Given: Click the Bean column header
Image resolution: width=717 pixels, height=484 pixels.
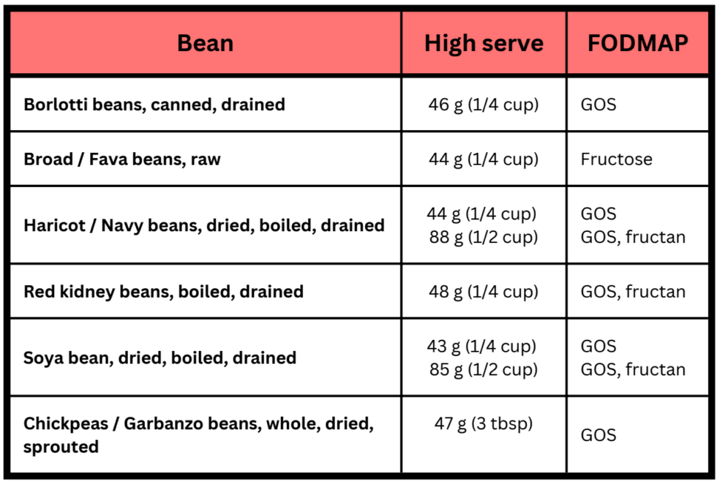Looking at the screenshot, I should (205, 43).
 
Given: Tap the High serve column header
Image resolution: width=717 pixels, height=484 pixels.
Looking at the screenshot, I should (484, 43).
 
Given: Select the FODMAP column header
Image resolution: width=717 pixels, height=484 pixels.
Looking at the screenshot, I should (638, 43).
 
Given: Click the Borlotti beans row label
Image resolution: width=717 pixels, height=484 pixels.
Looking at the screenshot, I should (154, 105).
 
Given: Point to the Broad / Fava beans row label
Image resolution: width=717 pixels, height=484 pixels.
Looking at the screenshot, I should (122, 159).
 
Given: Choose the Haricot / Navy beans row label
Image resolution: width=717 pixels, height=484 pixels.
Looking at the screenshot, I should (204, 225).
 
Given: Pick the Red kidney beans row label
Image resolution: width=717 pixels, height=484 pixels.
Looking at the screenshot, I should (163, 292).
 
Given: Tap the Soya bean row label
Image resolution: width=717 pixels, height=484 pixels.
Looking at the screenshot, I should (159, 358).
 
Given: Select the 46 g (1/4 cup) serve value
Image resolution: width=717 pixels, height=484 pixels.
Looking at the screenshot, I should (484, 105).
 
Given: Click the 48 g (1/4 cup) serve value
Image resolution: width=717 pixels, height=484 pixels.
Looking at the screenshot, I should (484, 292).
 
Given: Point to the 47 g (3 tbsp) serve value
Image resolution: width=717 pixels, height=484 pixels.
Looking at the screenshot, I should (484, 423).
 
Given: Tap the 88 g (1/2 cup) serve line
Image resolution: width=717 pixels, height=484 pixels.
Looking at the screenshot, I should (484, 237).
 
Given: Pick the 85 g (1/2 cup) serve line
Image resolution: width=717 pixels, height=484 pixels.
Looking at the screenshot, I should (484, 369).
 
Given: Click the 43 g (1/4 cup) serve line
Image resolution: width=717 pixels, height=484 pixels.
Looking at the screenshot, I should (484, 346).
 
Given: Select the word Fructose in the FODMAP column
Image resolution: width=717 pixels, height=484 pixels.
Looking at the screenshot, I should (616, 159).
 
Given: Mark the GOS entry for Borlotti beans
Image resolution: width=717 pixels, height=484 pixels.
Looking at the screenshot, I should (598, 105).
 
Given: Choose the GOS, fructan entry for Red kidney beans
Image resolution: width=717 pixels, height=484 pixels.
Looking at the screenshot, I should (633, 292).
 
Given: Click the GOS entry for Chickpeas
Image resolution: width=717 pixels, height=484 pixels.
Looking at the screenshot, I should (598, 435).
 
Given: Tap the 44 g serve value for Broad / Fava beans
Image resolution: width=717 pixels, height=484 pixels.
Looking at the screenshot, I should (484, 159).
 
